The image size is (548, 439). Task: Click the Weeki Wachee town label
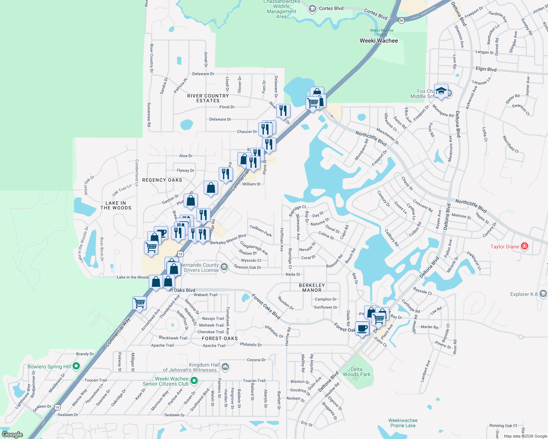[x=379, y=41]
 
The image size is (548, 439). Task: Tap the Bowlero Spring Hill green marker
[x=76, y=366]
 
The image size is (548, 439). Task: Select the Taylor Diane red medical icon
[x=525, y=246]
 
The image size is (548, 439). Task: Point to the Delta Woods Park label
[x=356, y=372]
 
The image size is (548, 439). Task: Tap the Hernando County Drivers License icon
[x=224, y=267]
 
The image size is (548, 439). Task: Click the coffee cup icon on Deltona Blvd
[x=362, y=328]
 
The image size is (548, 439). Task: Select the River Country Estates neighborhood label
[x=208, y=98]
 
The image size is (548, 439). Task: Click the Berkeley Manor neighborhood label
[x=312, y=288]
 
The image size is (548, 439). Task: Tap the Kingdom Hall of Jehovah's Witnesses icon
[x=225, y=367]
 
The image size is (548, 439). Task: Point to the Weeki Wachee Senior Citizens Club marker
[x=195, y=381]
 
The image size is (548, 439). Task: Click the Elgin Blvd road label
[x=486, y=69]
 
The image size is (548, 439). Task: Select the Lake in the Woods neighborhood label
[x=116, y=205]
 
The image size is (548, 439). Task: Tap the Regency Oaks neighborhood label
[x=162, y=180]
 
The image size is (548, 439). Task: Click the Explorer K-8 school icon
[x=543, y=294]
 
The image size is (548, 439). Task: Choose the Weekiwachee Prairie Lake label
[x=403, y=423]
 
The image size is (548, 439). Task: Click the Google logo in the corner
[x=12, y=435]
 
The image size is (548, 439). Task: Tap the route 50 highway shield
[x=401, y=20]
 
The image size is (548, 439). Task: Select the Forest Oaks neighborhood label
[x=220, y=338]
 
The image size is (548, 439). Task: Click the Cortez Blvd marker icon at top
[x=312, y=9]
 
